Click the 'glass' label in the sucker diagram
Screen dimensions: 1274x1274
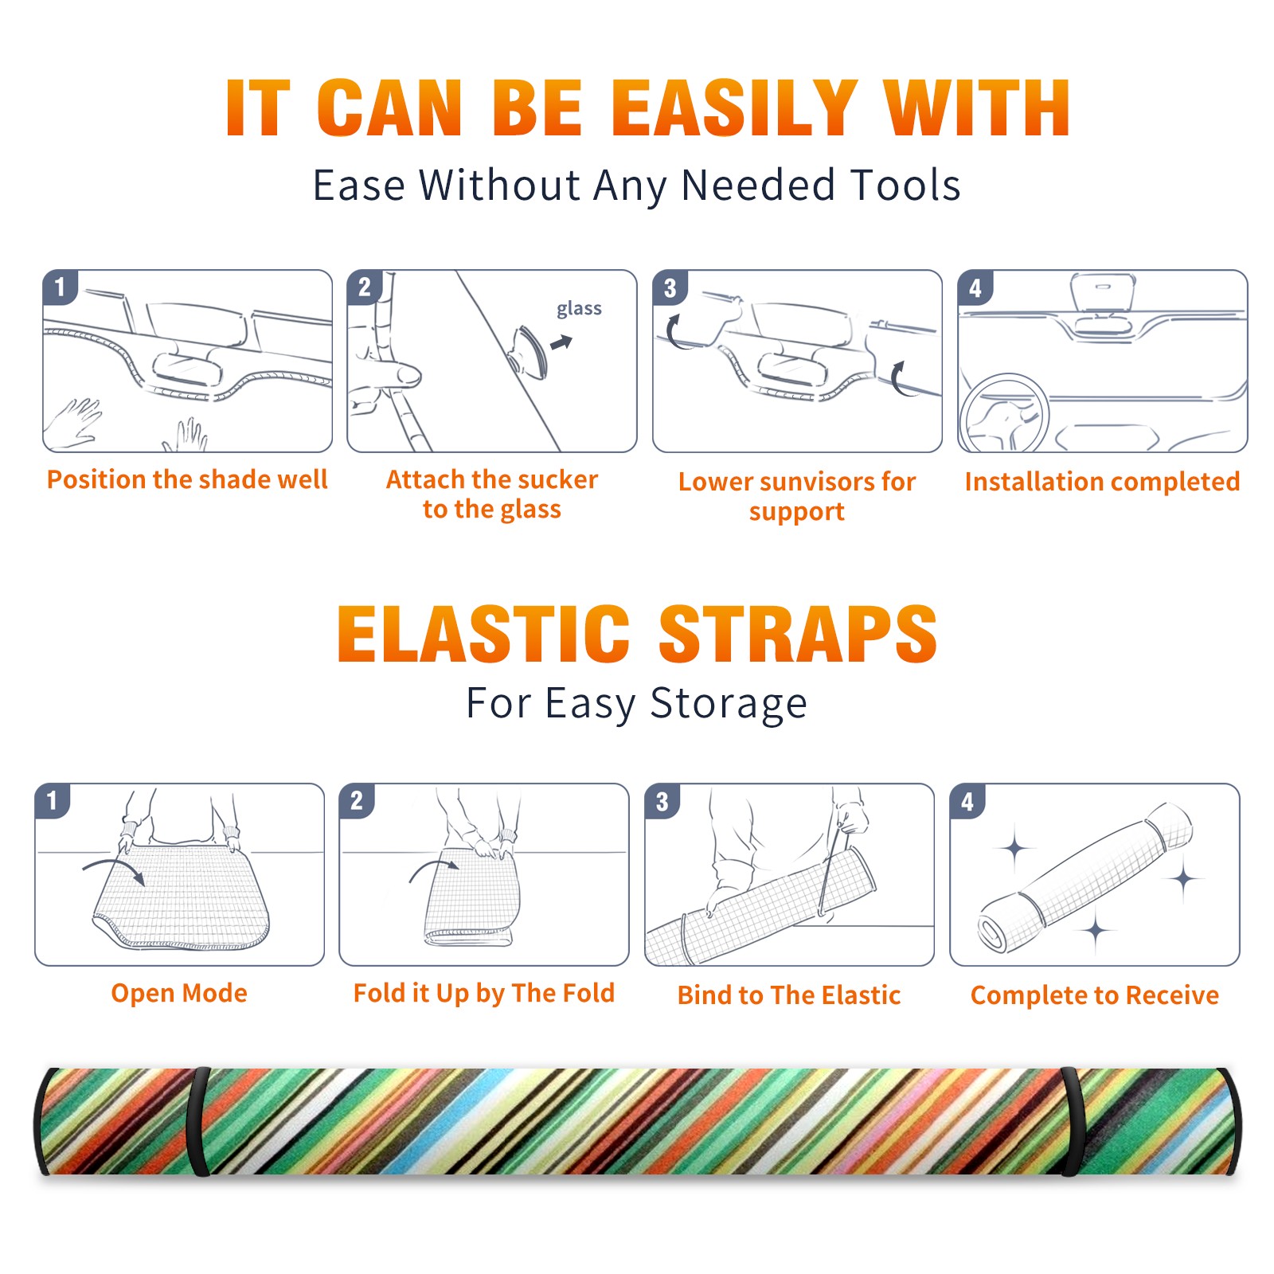579,309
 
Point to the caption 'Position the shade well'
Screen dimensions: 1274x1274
187,479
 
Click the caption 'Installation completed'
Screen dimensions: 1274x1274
1102,481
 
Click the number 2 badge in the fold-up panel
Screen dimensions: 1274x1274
357,800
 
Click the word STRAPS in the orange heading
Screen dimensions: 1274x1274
798,634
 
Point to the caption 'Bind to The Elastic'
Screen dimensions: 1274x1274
789,995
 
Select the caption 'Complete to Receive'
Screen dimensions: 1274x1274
1095,995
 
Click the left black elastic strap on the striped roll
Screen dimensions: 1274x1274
197,1121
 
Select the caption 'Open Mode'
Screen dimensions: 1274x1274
179,994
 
